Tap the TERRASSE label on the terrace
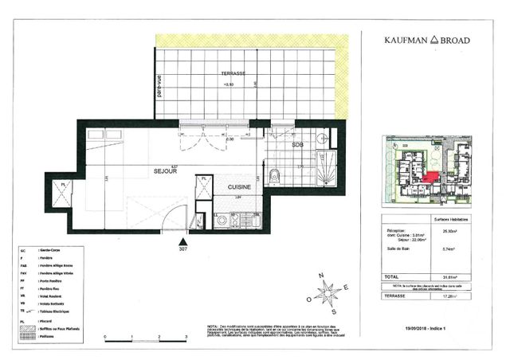[x=233, y=73]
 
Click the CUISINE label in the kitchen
[x=240, y=187]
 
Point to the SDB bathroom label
[x=297, y=146]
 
